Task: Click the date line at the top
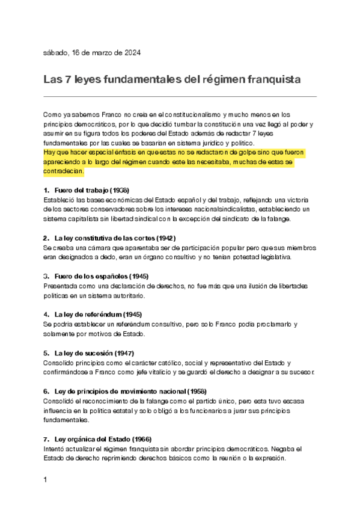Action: (92, 53)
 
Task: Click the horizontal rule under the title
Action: (180, 96)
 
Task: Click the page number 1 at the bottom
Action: (46, 481)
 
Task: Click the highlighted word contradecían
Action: (64, 171)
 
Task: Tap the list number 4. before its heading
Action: (46, 314)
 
